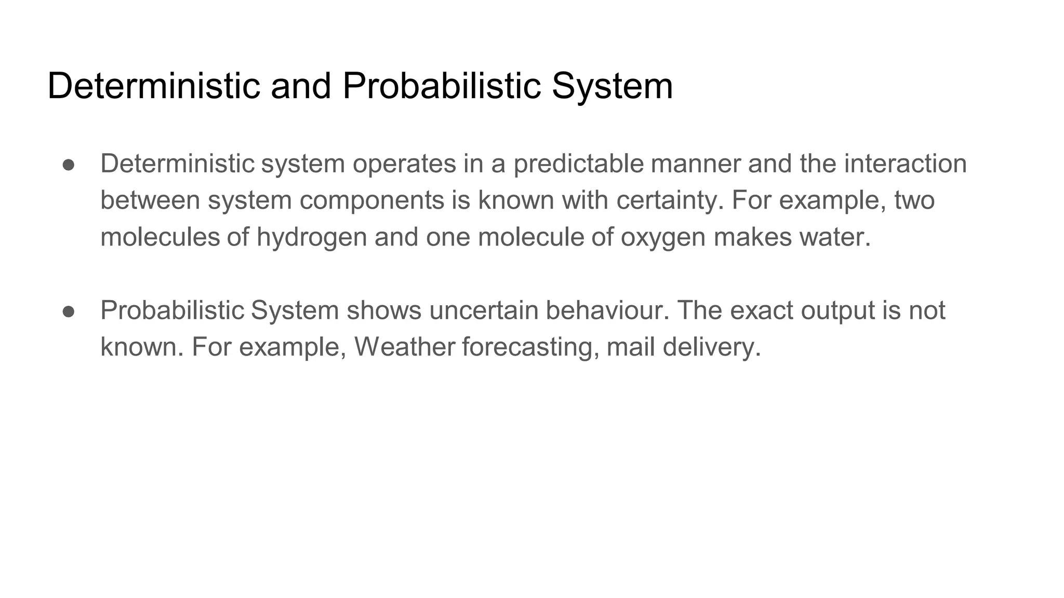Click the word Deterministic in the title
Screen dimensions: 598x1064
(x=153, y=86)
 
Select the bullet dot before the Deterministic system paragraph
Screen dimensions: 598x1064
(x=69, y=165)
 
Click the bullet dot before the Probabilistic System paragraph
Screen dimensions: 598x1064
(x=69, y=311)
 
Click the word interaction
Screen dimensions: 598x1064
(x=905, y=164)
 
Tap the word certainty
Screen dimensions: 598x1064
(x=670, y=201)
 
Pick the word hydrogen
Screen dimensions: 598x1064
(x=312, y=238)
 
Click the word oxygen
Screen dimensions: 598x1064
(x=663, y=238)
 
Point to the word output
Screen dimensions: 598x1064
(x=837, y=311)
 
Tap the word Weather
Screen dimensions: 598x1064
(x=405, y=347)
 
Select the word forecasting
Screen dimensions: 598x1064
(x=527, y=347)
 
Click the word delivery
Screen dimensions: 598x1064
(x=711, y=347)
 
